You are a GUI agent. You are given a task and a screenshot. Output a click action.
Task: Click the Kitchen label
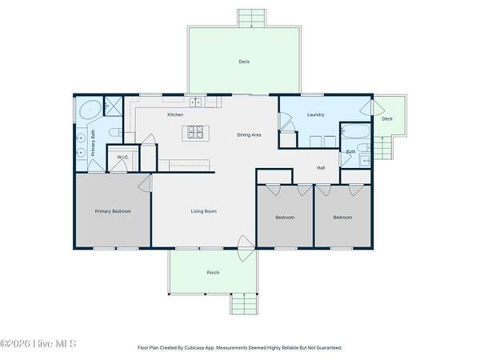point(175,114)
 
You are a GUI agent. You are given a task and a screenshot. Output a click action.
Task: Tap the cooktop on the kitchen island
point(195,132)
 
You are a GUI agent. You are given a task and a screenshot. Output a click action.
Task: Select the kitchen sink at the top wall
point(196,102)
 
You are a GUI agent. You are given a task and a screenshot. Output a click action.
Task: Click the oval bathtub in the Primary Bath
point(90,110)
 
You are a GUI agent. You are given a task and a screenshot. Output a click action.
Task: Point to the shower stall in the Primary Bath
point(114,106)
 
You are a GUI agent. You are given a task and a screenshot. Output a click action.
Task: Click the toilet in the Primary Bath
point(115,133)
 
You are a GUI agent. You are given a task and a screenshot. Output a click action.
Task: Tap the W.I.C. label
point(122,158)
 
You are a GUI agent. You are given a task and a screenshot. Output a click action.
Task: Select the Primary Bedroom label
point(113,211)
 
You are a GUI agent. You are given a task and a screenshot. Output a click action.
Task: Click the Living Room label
point(203,211)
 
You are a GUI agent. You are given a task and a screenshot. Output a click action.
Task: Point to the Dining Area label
point(249,134)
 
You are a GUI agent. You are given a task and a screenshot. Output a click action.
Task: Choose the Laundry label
point(316,114)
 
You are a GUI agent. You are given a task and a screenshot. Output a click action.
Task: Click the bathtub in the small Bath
point(355,130)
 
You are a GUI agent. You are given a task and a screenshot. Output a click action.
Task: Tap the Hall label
point(321,168)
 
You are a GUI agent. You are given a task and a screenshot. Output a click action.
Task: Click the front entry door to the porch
point(246,248)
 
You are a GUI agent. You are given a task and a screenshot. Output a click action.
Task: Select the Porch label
point(213,273)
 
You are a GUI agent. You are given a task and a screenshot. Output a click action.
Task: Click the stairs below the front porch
point(244,303)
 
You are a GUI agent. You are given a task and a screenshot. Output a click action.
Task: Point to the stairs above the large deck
point(252,18)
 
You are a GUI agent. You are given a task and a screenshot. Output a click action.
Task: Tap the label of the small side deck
point(387,118)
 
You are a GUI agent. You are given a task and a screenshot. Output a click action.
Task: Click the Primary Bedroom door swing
point(145,183)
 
